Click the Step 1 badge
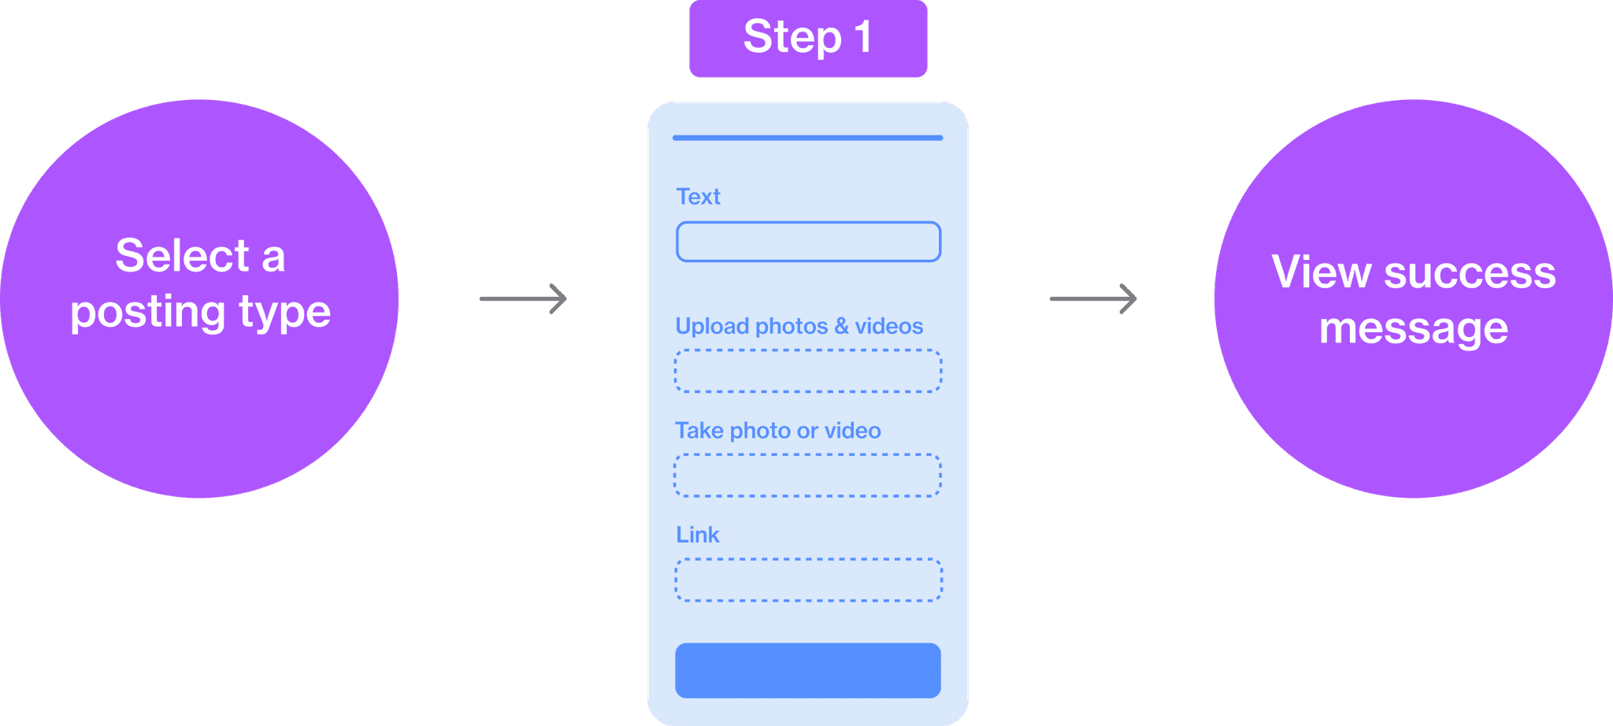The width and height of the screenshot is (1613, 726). click(x=808, y=39)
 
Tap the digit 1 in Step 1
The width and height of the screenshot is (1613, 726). click(x=863, y=37)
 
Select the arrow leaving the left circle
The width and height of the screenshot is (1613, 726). click(x=524, y=298)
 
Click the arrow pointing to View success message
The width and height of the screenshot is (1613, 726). click(x=1093, y=298)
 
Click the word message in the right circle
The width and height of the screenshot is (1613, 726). click(x=1414, y=328)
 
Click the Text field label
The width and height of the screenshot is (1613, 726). click(x=699, y=197)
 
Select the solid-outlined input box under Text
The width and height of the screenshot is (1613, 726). click(x=809, y=242)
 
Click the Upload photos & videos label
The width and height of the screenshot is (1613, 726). click(x=799, y=326)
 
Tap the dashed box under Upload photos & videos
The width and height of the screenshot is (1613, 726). click(x=809, y=371)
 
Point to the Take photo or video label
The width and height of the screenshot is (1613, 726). click(x=778, y=431)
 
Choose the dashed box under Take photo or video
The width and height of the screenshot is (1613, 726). click(x=808, y=476)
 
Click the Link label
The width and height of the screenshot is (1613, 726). click(x=698, y=535)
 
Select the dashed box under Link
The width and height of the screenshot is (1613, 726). click(x=809, y=580)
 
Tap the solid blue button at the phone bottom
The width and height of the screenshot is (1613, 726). click(x=808, y=671)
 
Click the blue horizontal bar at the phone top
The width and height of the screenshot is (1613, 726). click(x=808, y=138)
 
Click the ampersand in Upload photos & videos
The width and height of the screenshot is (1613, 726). click(x=841, y=326)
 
